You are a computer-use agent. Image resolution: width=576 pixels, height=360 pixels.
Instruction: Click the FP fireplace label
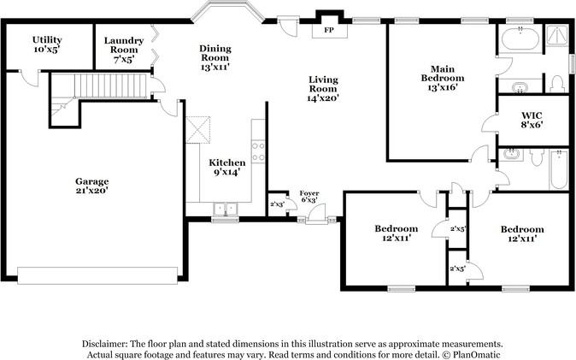(x=329, y=30)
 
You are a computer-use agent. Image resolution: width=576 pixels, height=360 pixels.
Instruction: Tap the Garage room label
(x=91, y=186)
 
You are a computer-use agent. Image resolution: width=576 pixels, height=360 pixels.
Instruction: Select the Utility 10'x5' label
(x=47, y=44)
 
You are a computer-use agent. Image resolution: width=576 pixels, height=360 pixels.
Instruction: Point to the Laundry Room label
(x=123, y=50)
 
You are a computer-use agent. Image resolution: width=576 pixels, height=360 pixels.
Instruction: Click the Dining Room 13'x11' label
(x=215, y=58)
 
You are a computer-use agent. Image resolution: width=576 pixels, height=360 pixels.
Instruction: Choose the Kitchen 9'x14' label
(x=227, y=168)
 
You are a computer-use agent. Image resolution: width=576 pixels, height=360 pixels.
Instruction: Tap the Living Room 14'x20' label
(x=323, y=89)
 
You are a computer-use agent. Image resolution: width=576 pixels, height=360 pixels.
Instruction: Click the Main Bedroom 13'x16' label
(x=443, y=78)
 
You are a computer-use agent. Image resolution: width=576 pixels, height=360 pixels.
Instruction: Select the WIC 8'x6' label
(x=532, y=120)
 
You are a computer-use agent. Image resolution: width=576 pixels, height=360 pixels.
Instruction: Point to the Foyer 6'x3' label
(x=309, y=197)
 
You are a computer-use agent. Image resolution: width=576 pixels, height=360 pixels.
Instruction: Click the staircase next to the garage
(x=110, y=86)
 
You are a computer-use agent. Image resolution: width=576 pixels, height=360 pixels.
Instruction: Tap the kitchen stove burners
(x=258, y=151)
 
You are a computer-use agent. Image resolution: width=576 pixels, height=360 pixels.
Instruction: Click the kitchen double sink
(x=225, y=210)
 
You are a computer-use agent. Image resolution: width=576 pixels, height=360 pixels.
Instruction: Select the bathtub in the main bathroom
(x=520, y=38)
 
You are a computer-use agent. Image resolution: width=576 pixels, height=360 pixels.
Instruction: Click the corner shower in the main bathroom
(x=557, y=36)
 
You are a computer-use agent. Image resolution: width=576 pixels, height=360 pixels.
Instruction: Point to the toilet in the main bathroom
(x=557, y=84)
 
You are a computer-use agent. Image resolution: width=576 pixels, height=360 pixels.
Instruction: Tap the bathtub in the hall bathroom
(x=558, y=169)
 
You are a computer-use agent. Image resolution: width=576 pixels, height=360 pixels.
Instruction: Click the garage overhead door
(x=97, y=275)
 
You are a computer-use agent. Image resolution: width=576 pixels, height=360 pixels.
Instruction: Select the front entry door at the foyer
(x=316, y=214)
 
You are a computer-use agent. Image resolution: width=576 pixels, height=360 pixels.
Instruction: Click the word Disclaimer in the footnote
(x=104, y=345)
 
